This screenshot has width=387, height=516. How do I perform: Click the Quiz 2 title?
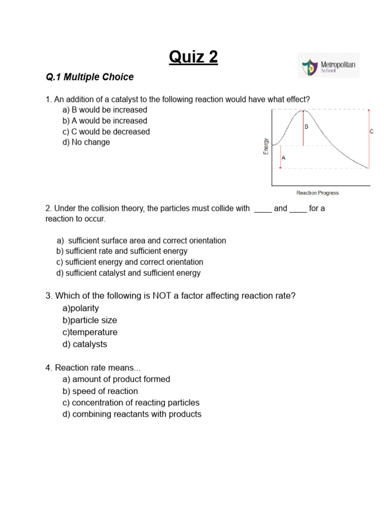pos(193,57)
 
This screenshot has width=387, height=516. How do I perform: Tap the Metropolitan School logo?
pos(329,65)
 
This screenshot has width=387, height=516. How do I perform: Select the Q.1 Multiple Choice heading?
pos(90,77)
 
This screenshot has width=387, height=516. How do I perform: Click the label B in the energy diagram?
pos(306,127)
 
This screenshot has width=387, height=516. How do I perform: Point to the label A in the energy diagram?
pos(283,158)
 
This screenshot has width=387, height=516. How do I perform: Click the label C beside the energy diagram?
pos(371,132)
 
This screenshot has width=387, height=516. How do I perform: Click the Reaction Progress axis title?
pos(317,193)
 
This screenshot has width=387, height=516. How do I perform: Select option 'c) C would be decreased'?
pos(106,132)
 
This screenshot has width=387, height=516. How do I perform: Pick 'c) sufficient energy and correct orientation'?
pos(130,262)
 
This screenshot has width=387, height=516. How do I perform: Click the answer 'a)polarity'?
pos(81,308)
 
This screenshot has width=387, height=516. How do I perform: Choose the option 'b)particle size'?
pos(90,320)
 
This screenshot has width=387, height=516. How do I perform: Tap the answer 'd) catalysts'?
pos(85,344)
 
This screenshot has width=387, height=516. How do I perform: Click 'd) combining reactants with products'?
pos(132,414)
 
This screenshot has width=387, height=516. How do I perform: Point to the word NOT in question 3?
pos(163,296)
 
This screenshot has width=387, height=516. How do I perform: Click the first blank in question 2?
pos(263,209)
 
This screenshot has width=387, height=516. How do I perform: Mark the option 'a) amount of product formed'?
pos(116,379)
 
